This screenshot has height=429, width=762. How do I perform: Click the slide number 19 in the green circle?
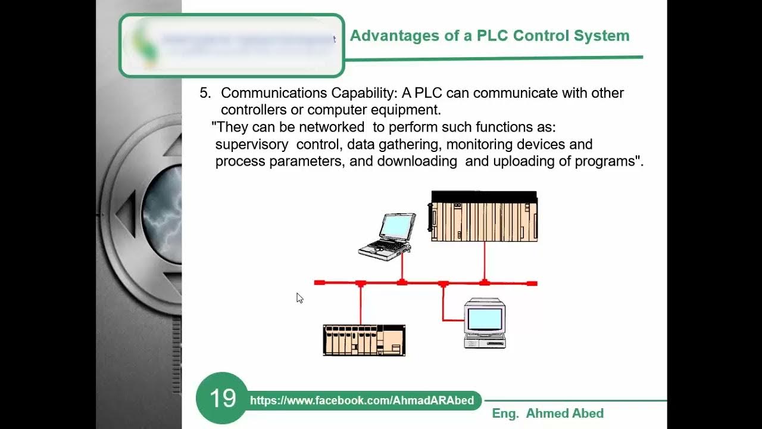coord(222,398)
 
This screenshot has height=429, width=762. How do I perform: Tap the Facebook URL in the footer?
coord(362,400)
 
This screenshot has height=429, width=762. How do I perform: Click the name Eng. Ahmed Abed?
coord(548,414)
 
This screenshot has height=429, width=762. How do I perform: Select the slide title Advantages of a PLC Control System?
coord(489,36)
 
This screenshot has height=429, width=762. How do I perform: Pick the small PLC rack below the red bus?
coord(364,340)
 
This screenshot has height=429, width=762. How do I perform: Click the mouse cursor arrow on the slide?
coord(299,298)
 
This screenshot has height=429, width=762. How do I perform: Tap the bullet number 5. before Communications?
coord(205,94)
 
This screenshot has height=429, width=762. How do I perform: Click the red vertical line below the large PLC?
coord(484,260)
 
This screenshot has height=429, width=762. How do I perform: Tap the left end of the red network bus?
coord(319,283)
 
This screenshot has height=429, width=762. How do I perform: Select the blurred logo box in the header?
coord(232,46)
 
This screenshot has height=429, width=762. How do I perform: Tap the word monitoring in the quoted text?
coord(486,145)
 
